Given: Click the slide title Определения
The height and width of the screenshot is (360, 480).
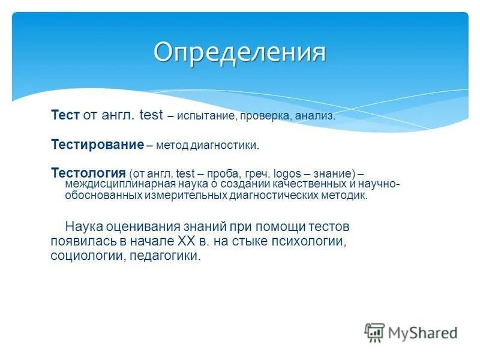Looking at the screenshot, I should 239,52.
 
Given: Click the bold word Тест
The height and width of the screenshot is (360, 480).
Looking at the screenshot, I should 65,115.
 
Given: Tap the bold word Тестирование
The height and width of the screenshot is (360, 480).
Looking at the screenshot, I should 97,145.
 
